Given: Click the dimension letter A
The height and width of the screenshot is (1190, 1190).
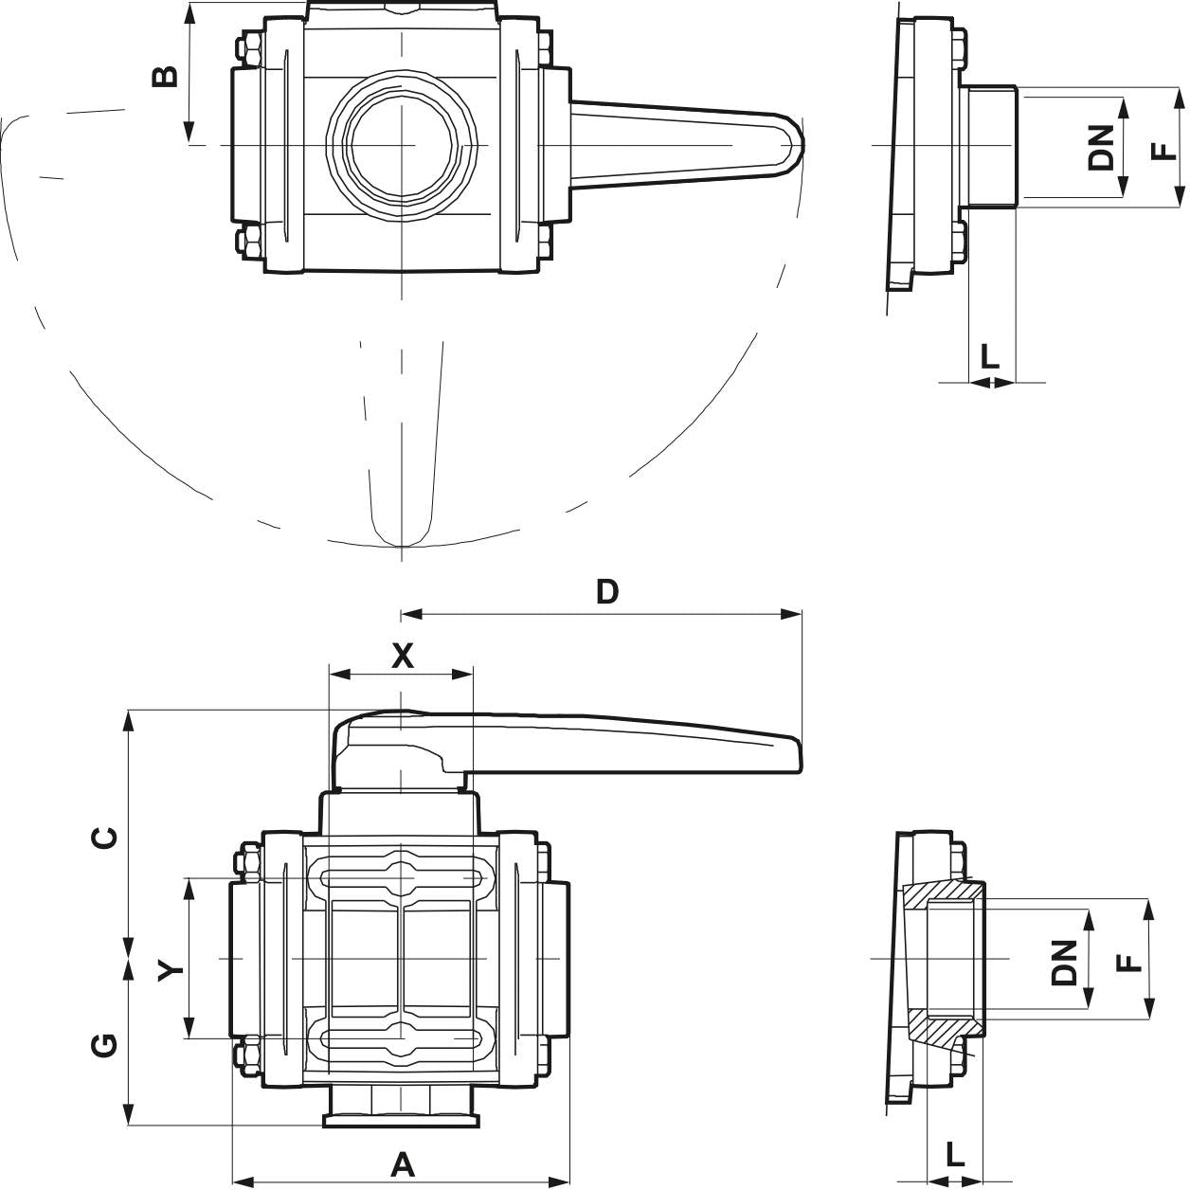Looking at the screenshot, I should (x=404, y=1163).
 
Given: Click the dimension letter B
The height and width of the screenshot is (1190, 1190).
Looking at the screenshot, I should (x=165, y=76).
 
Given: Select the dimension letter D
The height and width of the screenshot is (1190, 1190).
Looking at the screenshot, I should (x=606, y=592).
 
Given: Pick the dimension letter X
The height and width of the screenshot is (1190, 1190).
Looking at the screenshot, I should (x=403, y=656).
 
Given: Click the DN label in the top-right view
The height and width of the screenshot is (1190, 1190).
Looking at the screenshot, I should (x=1102, y=148).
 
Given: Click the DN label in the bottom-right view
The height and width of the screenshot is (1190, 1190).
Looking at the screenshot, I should (x=1066, y=963).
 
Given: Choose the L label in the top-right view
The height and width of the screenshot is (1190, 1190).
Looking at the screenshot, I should (x=989, y=357).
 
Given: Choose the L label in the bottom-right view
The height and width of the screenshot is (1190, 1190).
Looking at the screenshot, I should (x=955, y=1154).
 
